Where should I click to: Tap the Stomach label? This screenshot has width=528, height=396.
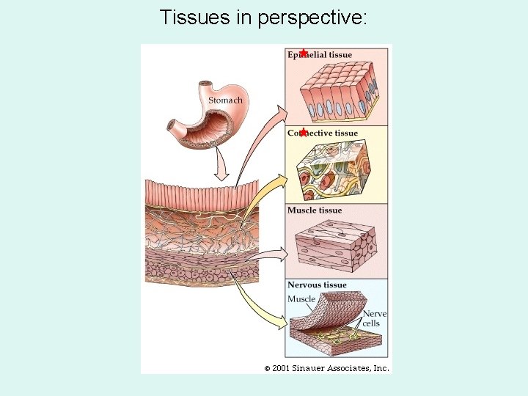tap(225, 100)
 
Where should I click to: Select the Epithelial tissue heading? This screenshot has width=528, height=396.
tap(320, 55)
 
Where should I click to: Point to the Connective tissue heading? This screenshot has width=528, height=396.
tap(323, 133)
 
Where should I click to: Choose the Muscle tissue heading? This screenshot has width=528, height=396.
tap(315, 210)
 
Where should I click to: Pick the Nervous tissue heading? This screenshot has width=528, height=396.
tap(317, 285)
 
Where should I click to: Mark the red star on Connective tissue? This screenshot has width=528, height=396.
tap(303, 133)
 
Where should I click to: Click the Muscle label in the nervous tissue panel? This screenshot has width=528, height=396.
tap(301, 298)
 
